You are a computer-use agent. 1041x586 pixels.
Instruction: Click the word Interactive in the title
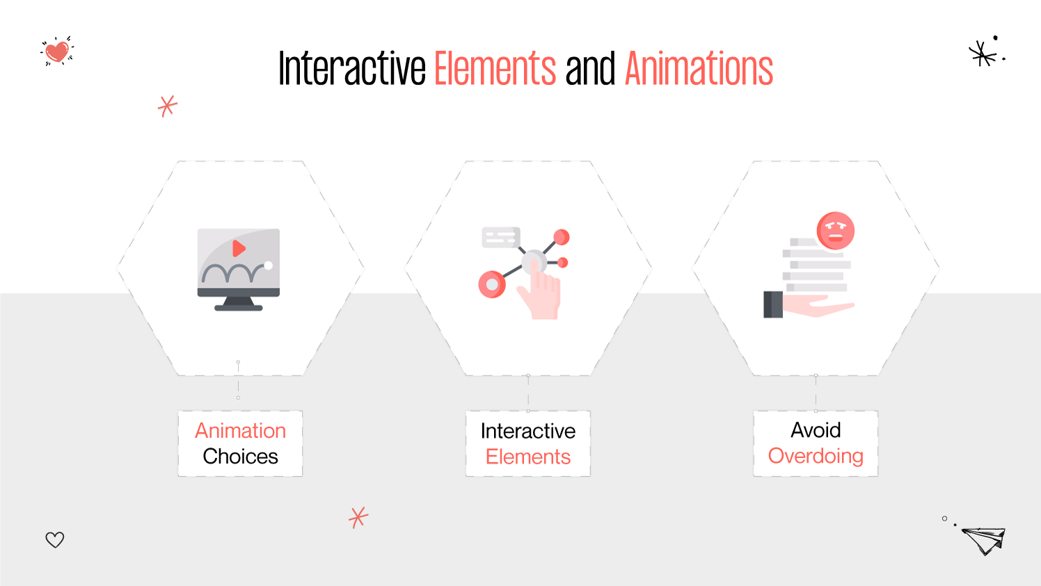[x=351, y=69]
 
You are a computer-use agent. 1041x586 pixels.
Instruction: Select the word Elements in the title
[x=495, y=69]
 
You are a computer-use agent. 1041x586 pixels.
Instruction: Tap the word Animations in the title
[x=699, y=69]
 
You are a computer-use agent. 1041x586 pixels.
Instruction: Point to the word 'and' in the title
[x=590, y=69]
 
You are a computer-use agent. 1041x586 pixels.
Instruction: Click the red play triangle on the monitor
[x=239, y=248]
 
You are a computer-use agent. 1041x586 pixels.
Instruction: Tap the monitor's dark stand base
[x=239, y=307]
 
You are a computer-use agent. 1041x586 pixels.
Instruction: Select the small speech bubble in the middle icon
[x=500, y=238]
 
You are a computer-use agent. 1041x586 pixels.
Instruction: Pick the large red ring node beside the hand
[x=492, y=284]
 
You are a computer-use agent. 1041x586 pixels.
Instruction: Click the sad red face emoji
[x=835, y=231]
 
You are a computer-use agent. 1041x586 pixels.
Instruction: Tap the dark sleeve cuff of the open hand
[x=772, y=304]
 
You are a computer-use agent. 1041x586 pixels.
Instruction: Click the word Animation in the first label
[x=240, y=431]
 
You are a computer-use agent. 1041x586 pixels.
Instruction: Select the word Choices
[x=240, y=457]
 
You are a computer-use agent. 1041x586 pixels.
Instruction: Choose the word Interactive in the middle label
[x=527, y=431]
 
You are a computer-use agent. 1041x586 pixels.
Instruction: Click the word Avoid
[x=816, y=430]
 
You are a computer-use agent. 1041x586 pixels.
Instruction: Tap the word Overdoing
[x=816, y=456]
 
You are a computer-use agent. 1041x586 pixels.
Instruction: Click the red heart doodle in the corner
[x=57, y=51]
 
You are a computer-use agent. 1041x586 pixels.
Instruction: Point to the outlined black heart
[x=55, y=539]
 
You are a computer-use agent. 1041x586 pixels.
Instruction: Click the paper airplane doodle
[x=984, y=540]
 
